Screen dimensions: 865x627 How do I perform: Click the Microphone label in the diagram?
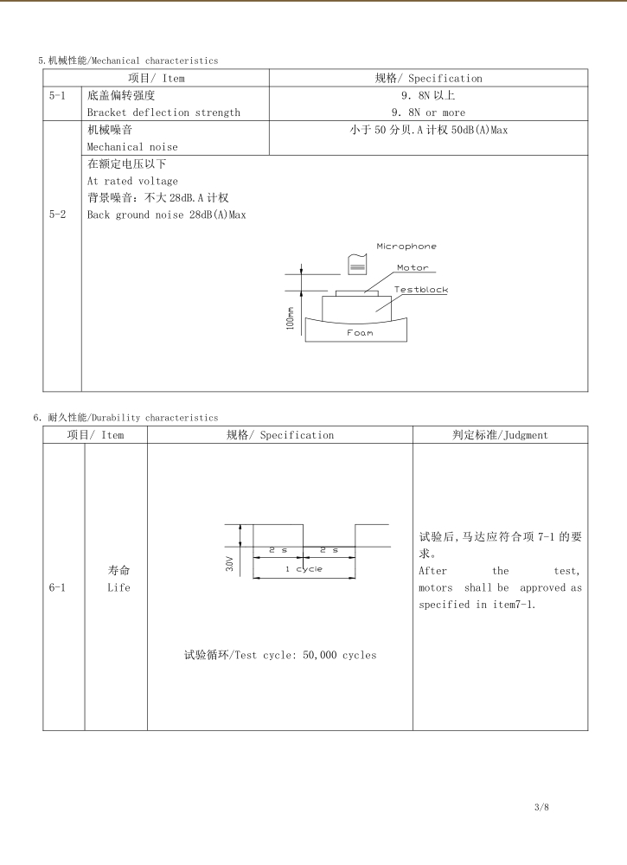pos(406,247)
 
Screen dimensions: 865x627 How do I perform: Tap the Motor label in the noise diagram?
pos(413,268)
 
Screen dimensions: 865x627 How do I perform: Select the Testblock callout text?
pos(421,290)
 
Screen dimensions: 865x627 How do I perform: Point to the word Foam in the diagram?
pos(360,333)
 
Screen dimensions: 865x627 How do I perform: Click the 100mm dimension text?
pos(291,319)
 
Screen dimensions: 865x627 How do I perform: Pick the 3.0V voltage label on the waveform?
pos(230,564)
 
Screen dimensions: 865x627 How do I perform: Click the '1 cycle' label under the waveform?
pos(304,569)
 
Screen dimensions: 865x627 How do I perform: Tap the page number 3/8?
pos(542,807)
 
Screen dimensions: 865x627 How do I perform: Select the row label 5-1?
pos(58,95)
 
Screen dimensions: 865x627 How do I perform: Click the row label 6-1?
pos(58,587)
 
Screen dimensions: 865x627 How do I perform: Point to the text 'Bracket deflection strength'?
pos(163,112)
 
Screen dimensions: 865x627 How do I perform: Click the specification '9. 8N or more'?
pos(428,112)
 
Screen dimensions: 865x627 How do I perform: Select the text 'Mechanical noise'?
pos(132,147)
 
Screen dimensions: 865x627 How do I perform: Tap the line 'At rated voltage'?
pos(132,181)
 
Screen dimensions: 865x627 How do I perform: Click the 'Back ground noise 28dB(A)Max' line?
pos(166,215)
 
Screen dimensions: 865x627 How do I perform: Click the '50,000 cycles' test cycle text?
pos(339,655)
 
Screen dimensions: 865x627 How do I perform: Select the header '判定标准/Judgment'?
pos(500,435)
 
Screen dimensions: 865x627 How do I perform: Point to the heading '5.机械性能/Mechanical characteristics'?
pos(128,61)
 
